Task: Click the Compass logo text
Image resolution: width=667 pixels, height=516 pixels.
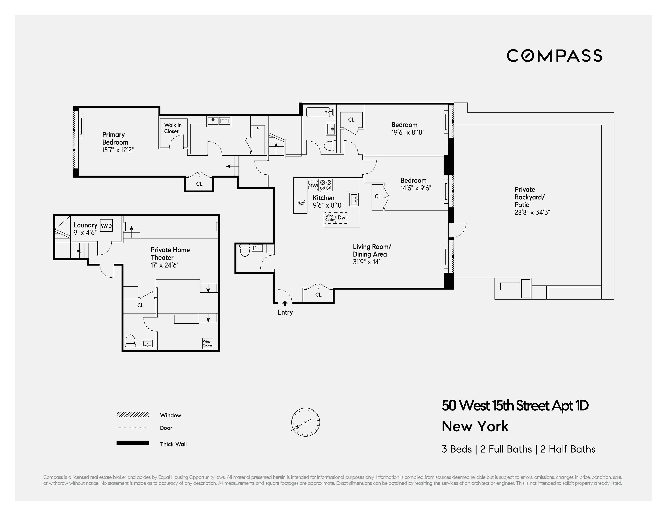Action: tap(554, 56)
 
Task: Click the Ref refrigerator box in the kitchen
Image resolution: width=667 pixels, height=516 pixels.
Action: tap(301, 203)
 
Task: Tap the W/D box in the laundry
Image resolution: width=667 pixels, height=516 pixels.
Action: tap(106, 226)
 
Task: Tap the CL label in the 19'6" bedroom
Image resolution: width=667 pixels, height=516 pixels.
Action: tap(351, 120)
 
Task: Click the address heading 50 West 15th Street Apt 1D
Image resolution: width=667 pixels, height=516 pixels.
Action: tap(515, 406)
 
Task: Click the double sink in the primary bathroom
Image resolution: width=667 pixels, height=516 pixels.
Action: tap(219, 121)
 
